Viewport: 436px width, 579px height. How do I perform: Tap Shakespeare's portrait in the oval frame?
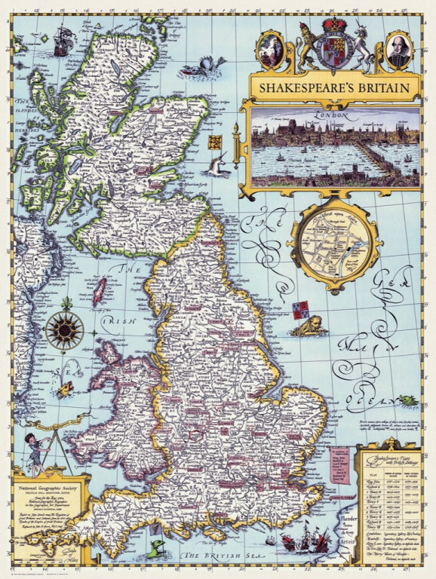click(397, 50)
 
